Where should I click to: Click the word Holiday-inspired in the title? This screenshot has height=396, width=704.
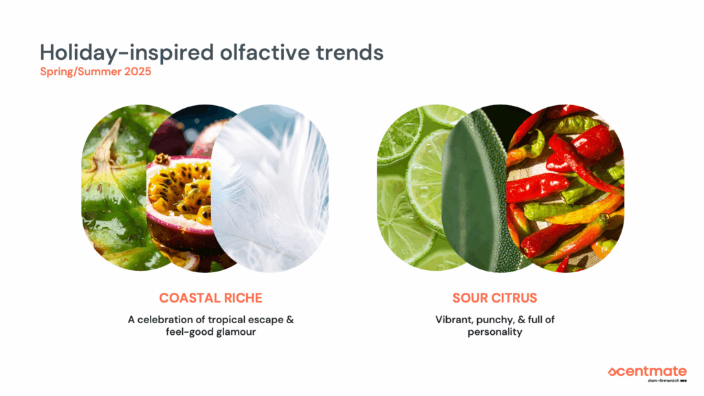[x=127, y=53]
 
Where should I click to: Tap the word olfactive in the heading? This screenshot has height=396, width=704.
[x=265, y=52]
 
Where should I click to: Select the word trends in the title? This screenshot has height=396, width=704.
[x=350, y=52]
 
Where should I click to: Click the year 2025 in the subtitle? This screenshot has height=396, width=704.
[x=137, y=71]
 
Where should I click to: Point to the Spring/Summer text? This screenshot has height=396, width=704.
[x=81, y=71]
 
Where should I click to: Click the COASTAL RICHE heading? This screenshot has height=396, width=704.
[x=210, y=298]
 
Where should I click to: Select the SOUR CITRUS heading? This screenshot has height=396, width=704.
[x=495, y=298]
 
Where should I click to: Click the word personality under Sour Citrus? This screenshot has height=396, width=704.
[x=495, y=333]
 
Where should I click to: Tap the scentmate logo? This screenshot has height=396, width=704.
[x=647, y=372]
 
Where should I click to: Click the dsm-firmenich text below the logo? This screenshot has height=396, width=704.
[x=663, y=381]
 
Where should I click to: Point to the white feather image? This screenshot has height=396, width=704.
[x=269, y=188]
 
